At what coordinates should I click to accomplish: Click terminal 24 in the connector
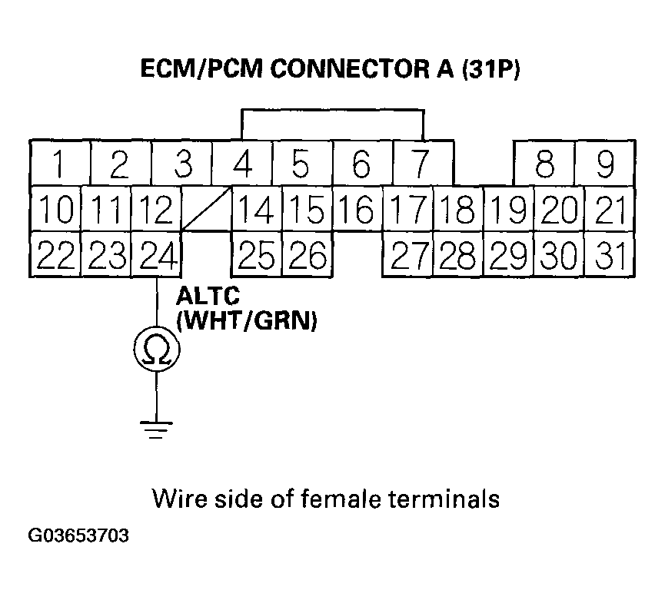point(158,254)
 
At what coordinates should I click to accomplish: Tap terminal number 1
point(59,163)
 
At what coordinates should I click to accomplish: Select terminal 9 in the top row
point(606,163)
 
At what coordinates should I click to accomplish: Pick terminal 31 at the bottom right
point(611,254)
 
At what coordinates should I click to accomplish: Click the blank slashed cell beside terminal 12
point(207,208)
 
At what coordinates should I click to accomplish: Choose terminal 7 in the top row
point(421,163)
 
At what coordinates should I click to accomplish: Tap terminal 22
point(55,254)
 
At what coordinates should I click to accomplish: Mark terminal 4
point(243,163)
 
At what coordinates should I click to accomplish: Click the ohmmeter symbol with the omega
point(157,350)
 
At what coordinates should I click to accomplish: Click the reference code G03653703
point(79,535)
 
